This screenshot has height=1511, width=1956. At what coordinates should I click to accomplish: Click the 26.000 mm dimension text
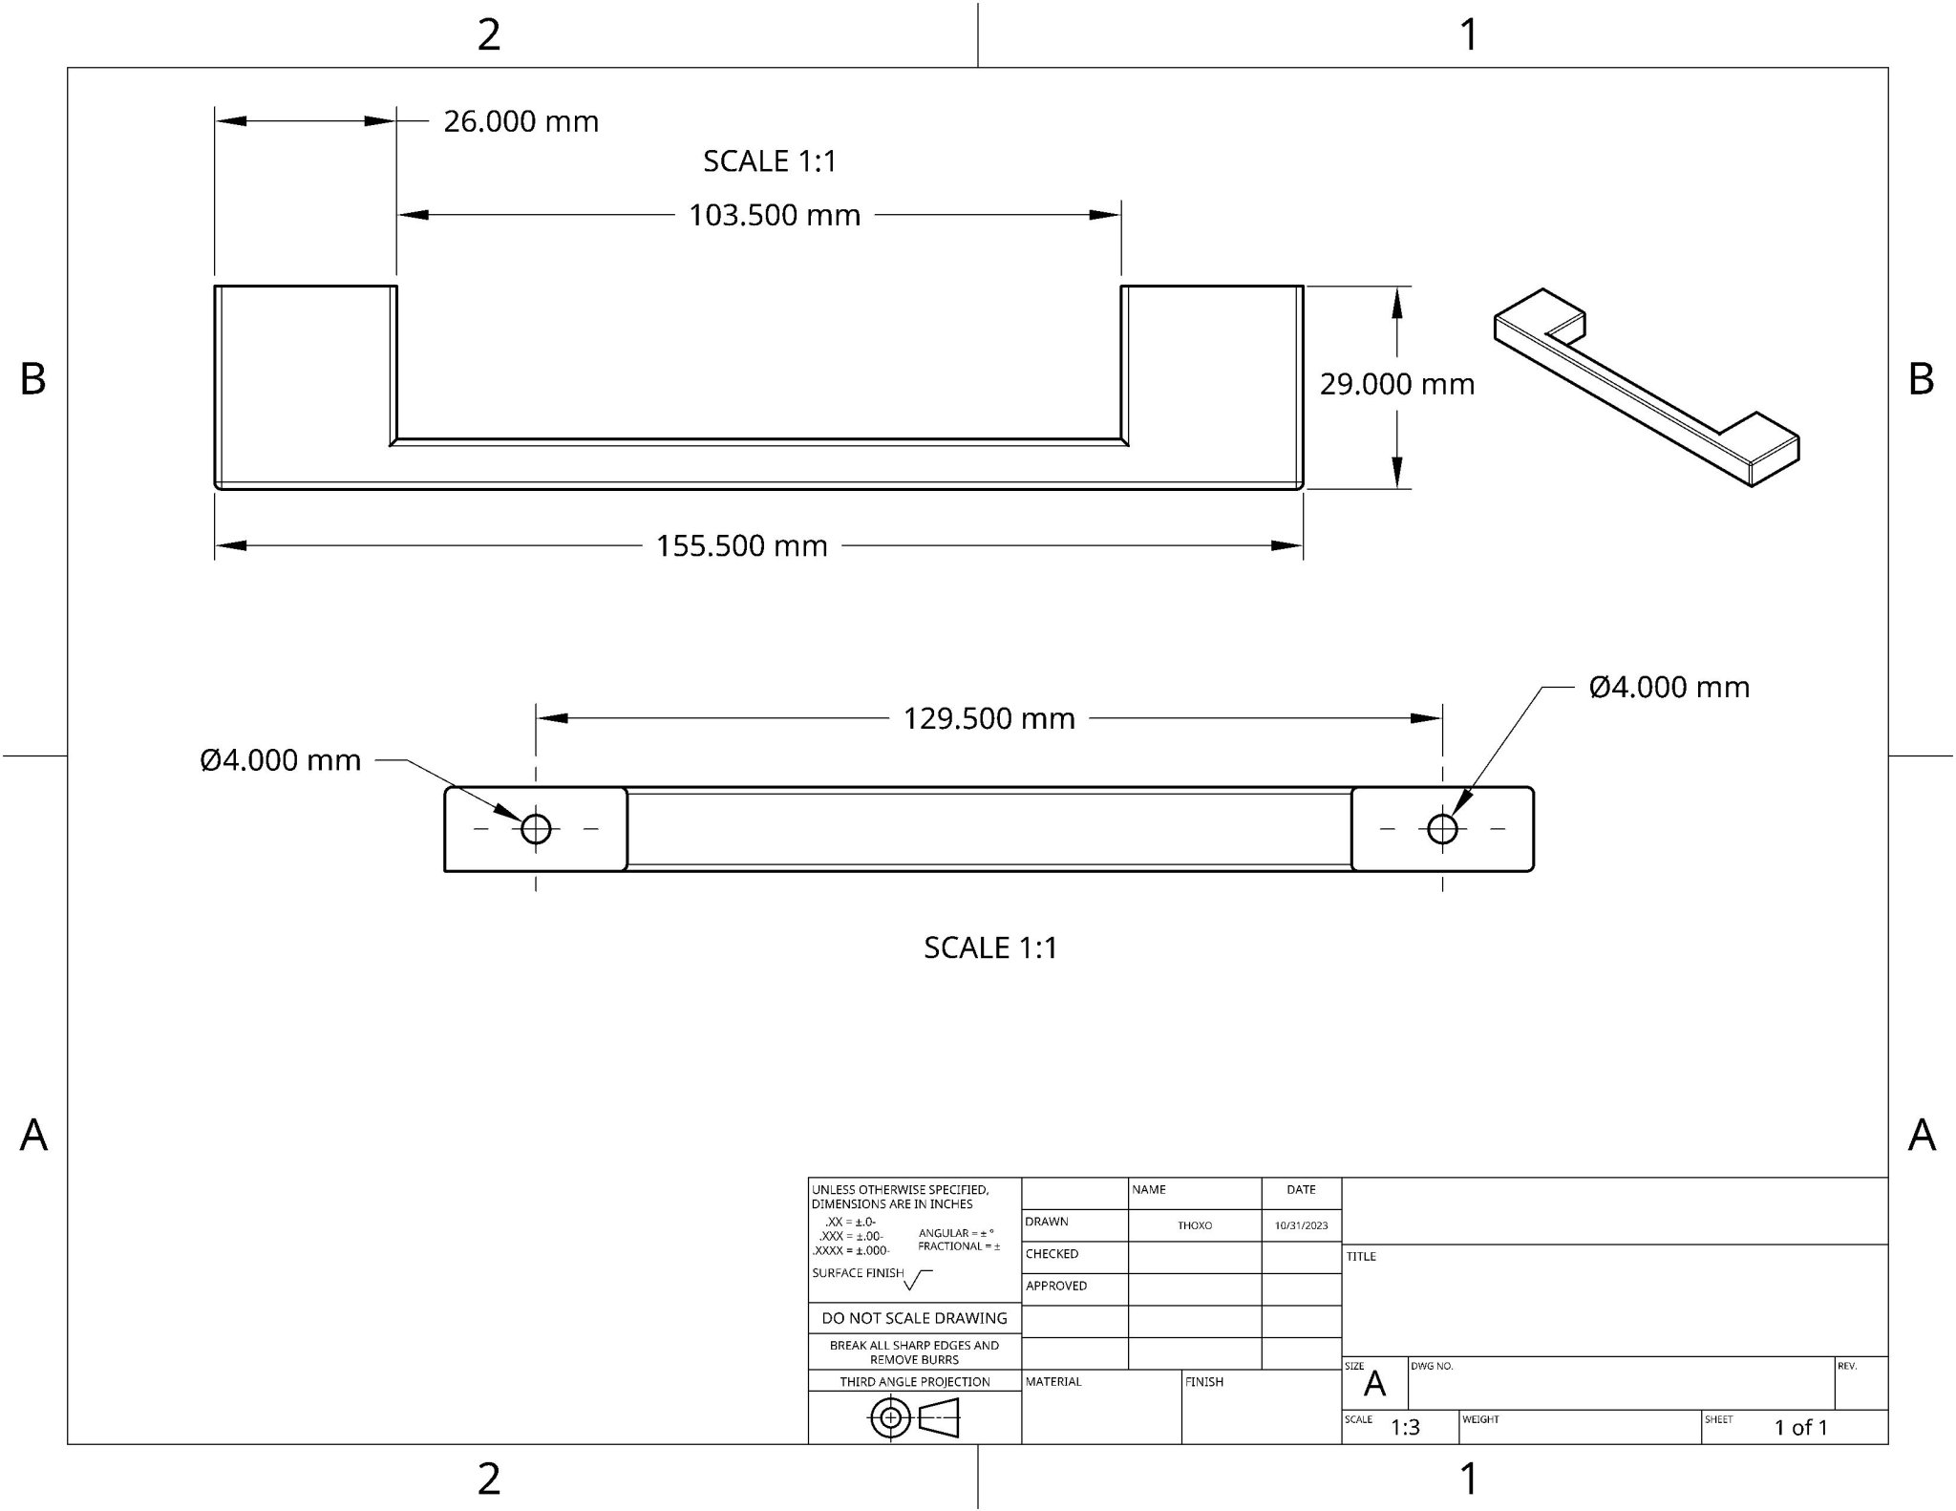pyautogui.click(x=521, y=122)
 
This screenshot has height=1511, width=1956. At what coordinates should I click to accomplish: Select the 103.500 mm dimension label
pyautogui.click(x=775, y=216)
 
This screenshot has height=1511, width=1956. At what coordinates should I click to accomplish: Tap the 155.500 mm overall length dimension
pyautogui.click(x=741, y=546)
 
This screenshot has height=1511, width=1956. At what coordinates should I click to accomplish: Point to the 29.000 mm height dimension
pyautogui.click(x=1396, y=385)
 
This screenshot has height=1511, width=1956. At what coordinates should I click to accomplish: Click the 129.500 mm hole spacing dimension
pyautogui.click(x=989, y=719)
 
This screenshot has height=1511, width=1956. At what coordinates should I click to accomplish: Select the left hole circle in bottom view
pyautogui.click(x=536, y=829)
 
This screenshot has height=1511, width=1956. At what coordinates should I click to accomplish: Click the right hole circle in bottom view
pyautogui.click(x=1441, y=829)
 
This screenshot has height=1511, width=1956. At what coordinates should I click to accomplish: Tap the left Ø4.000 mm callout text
pyautogui.click(x=281, y=761)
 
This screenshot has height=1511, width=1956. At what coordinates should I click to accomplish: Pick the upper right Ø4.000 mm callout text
pyautogui.click(x=1669, y=688)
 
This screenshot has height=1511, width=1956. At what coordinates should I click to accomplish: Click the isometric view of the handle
pyautogui.click(x=1646, y=387)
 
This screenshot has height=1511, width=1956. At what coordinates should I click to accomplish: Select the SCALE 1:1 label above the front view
pyautogui.click(x=770, y=161)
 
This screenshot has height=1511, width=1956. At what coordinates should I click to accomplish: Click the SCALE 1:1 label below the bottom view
pyautogui.click(x=990, y=947)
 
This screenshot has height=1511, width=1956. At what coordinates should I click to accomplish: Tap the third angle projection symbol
pyautogui.click(x=914, y=1417)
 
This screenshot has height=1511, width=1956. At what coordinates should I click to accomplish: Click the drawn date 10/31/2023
pyautogui.click(x=1301, y=1225)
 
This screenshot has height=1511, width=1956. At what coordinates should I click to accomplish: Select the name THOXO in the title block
pyautogui.click(x=1194, y=1225)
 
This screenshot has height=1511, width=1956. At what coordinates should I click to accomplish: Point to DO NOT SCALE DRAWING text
pyautogui.click(x=914, y=1318)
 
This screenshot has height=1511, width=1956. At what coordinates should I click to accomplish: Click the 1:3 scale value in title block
pyautogui.click(x=1405, y=1428)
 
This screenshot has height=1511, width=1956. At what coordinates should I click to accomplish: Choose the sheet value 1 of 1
pyautogui.click(x=1800, y=1428)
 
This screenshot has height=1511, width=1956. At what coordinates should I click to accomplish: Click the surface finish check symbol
pyautogui.click(x=917, y=1279)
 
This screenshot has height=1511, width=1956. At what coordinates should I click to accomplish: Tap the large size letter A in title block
pyautogui.click(x=1374, y=1384)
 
